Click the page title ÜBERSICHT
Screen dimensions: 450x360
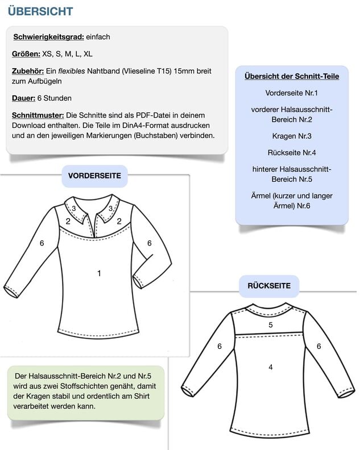tap(40, 11)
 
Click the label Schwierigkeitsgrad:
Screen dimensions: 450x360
tap(48, 37)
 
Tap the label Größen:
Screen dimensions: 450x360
tap(26, 54)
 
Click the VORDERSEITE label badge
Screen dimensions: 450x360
tap(94, 176)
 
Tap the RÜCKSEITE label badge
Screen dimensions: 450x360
tap(269, 286)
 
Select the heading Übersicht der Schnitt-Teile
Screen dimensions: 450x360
tap(292, 76)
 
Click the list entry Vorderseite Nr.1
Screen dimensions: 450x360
tap(292, 93)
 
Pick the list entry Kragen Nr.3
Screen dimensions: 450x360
tap(292, 136)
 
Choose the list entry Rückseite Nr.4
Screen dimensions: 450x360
tap(292, 153)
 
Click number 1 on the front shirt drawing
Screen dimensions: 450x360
tap(99, 273)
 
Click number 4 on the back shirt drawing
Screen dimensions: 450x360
tap(271, 367)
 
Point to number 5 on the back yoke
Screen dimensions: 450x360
tap(271, 325)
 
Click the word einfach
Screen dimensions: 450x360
tap(98, 37)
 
